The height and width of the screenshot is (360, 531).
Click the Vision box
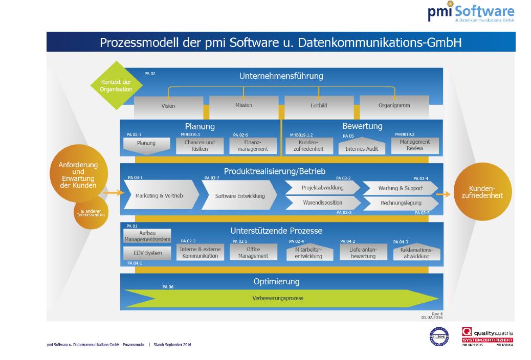(168, 106)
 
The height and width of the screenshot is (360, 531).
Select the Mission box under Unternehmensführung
(244, 105)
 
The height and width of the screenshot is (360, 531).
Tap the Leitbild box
(318, 106)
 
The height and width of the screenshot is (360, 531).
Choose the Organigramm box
(394, 106)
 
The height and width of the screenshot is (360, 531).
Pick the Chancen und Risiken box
(200, 145)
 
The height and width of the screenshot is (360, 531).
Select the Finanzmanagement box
(256, 145)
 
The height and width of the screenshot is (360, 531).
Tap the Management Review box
(415, 145)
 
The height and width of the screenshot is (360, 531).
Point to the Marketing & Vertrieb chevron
(159, 195)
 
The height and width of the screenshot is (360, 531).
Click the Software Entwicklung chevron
(239, 195)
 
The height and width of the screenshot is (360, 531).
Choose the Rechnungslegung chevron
(401, 203)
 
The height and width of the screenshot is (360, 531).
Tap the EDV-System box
(147, 253)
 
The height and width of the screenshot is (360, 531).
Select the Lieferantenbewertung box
(363, 253)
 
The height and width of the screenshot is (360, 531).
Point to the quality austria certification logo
(487, 337)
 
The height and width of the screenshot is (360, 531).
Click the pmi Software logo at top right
(471, 12)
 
